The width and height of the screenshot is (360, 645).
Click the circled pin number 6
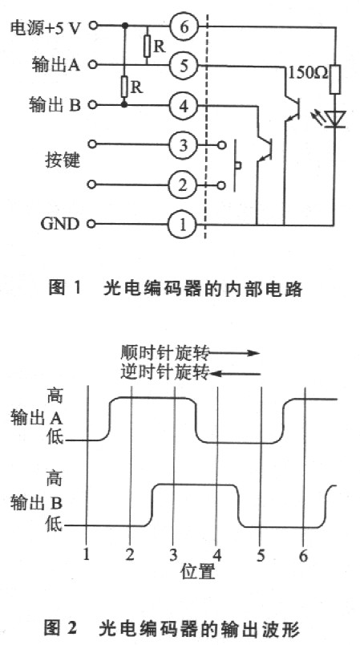coord(184,26)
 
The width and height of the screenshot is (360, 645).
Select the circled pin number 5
coord(184,66)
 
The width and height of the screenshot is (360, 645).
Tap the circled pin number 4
coord(184,104)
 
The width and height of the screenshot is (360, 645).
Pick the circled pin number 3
coord(184,145)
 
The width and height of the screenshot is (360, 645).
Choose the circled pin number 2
coord(184,185)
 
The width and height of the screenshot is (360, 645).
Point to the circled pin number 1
coord(184,224)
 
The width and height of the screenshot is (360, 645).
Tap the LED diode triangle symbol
coord(335,119)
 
